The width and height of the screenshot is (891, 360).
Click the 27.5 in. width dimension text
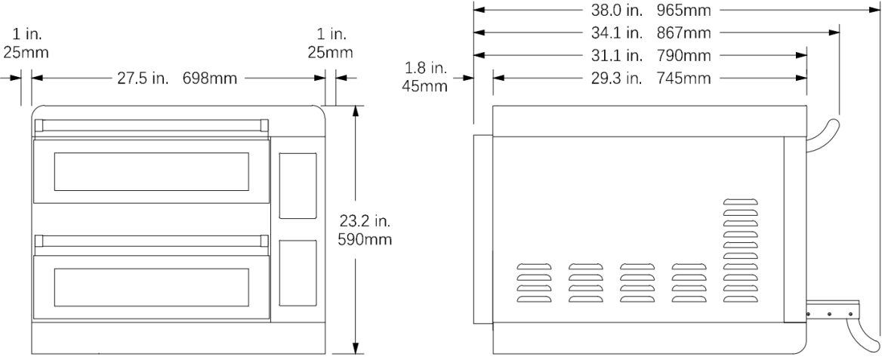[x=143, y=78]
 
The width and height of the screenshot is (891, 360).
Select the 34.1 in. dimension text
[x=613, y=33]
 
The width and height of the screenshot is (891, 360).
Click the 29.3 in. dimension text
[x=613, y=78]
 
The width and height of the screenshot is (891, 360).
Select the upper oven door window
[x=152, y=171]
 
